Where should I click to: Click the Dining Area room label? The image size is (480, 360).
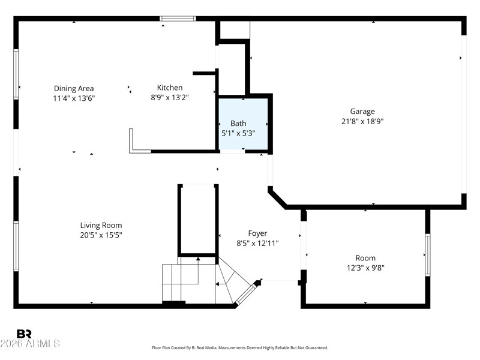coord(74,88)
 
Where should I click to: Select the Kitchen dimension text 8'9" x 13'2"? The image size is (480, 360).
coord(170,98)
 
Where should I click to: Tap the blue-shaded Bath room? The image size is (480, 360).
coord(243,124)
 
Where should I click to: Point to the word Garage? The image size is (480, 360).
coord(362,112)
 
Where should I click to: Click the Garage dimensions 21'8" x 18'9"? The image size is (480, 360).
coord(362,121)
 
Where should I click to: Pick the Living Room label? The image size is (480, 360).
coord(101,226)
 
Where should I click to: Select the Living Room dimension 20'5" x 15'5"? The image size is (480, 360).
coord(101,235)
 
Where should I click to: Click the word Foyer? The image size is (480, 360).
coord(257,233)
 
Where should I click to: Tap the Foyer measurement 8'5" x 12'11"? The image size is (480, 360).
coord(257,244)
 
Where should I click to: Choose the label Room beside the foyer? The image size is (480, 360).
coord(365,258)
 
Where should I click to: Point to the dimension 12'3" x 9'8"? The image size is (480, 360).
coord(365,268)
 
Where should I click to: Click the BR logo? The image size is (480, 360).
coord(24,334)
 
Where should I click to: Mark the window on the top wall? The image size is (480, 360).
coord(178,19)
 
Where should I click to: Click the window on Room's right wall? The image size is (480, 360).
coord(428,255)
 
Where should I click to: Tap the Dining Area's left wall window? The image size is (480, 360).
coord(16,74)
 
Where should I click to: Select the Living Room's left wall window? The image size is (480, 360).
coord(16,246)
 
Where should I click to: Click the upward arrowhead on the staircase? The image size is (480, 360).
coord(198,259)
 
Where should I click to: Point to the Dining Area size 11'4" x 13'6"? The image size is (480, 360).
coord(74,98)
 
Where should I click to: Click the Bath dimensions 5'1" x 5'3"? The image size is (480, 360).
coord(238,133)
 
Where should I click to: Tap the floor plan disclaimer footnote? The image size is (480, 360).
coord(239,348)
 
